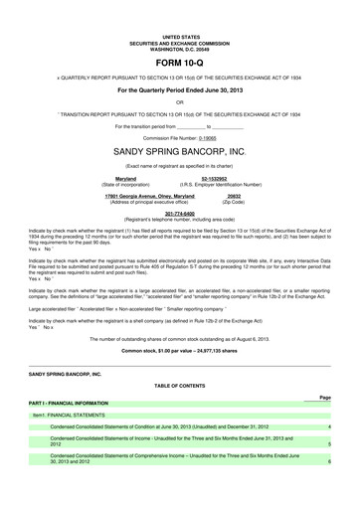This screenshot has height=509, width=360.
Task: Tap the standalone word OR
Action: pos(180,101)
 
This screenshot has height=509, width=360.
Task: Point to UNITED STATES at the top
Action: pos(180,33)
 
